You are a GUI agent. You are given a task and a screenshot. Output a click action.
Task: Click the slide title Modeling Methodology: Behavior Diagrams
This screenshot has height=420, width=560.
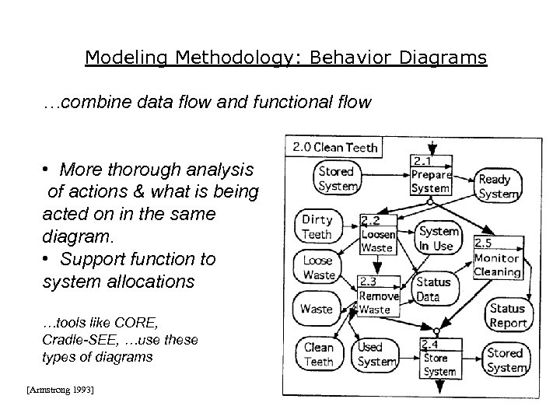(285, 58)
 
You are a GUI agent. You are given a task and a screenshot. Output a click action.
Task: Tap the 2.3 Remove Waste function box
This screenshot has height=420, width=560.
(377, 296)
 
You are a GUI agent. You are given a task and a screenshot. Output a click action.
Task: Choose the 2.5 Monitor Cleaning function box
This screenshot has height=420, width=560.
(496, 258)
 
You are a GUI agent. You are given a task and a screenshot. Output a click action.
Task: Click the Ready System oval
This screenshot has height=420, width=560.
(499, 186)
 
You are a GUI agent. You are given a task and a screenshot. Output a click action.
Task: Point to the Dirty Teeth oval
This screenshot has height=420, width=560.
(317, 226)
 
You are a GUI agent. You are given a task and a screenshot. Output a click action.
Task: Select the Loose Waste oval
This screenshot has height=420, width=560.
(317, 268)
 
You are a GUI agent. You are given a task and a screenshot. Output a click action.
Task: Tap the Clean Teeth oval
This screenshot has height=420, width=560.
(317, 354)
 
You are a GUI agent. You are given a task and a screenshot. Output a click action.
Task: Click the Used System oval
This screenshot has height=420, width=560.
(376, 355)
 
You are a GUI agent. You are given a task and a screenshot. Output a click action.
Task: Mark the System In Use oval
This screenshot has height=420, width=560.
(438, 238)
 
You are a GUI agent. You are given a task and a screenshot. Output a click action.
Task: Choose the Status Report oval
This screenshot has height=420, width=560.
(508, 315)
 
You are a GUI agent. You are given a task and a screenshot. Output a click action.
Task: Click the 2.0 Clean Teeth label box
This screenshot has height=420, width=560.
(334, 147)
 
